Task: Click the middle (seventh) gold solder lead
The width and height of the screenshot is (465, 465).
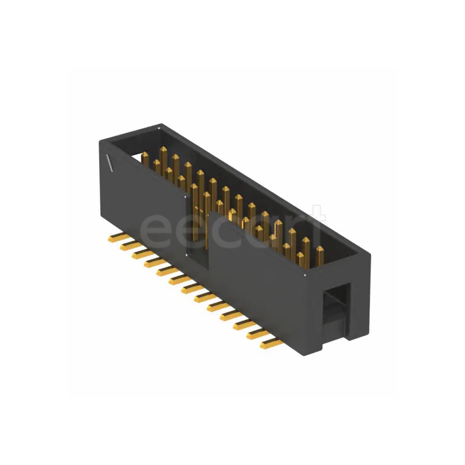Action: click(x=193, y=290)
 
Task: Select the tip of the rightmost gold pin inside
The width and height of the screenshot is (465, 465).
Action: click(x=320, y=250)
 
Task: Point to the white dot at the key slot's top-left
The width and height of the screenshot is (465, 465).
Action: click(x=187, y=196)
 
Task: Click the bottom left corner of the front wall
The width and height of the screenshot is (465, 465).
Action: click(x=103, y=220)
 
